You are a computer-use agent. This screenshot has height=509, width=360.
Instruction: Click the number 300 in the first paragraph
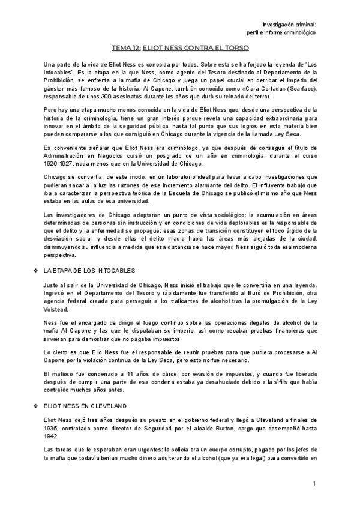(x=106, y=97)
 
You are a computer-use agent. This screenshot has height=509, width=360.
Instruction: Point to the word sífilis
(x=277, y=382)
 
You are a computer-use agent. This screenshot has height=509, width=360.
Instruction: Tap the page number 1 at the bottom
(x=314, y=484)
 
